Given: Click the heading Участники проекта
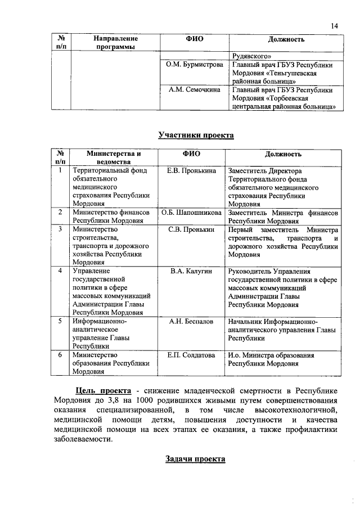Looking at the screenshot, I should coord(195,134).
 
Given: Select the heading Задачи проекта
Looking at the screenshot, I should coord(195,458).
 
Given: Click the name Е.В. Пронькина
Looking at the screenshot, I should coord(192,170).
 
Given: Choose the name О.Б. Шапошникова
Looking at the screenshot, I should coord(191,213).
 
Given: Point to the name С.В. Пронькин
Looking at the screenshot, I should coord(192,230).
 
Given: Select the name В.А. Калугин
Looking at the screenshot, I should coord(192,272).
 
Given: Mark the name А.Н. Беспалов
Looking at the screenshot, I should coord(192,322).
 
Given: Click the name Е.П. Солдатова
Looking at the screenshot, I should coord(192,355).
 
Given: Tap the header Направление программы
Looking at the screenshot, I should coord(116,43).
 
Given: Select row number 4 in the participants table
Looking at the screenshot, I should coord(60,272).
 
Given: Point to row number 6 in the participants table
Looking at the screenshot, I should coord(60,355).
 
